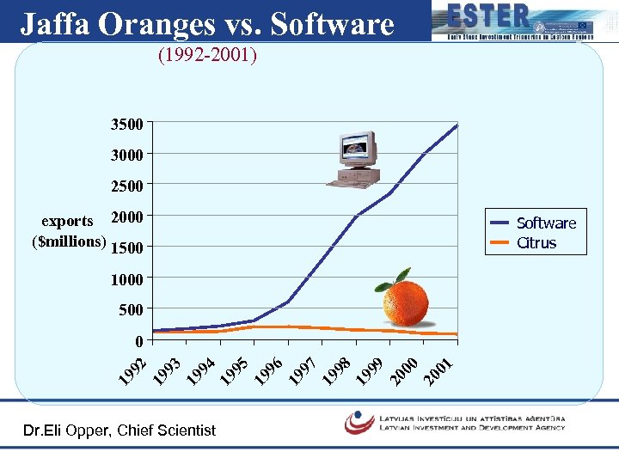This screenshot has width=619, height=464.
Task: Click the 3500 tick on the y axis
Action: click(x=127, y=124)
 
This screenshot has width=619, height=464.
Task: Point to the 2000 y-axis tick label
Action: click(x=127, y=216)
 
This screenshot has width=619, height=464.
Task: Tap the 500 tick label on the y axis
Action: click(x=131, y=308)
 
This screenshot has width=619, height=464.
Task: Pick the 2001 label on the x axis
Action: click(x=439, y=368)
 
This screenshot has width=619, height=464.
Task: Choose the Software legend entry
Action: click(x=545, y=223)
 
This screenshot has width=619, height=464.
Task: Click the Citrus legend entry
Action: click(x=536, y=243)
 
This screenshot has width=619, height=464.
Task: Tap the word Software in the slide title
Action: click(x=331, y=24)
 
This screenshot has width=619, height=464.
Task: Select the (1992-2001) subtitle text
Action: click(x=206, y=57)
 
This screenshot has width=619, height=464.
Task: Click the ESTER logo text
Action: click(x=487, y=16)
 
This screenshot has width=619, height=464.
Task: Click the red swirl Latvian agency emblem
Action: click(x=359, y=422)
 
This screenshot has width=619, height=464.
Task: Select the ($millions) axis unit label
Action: click(x=69, y=241)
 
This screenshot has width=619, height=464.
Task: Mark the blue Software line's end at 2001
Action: click(x=457, y=125)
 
